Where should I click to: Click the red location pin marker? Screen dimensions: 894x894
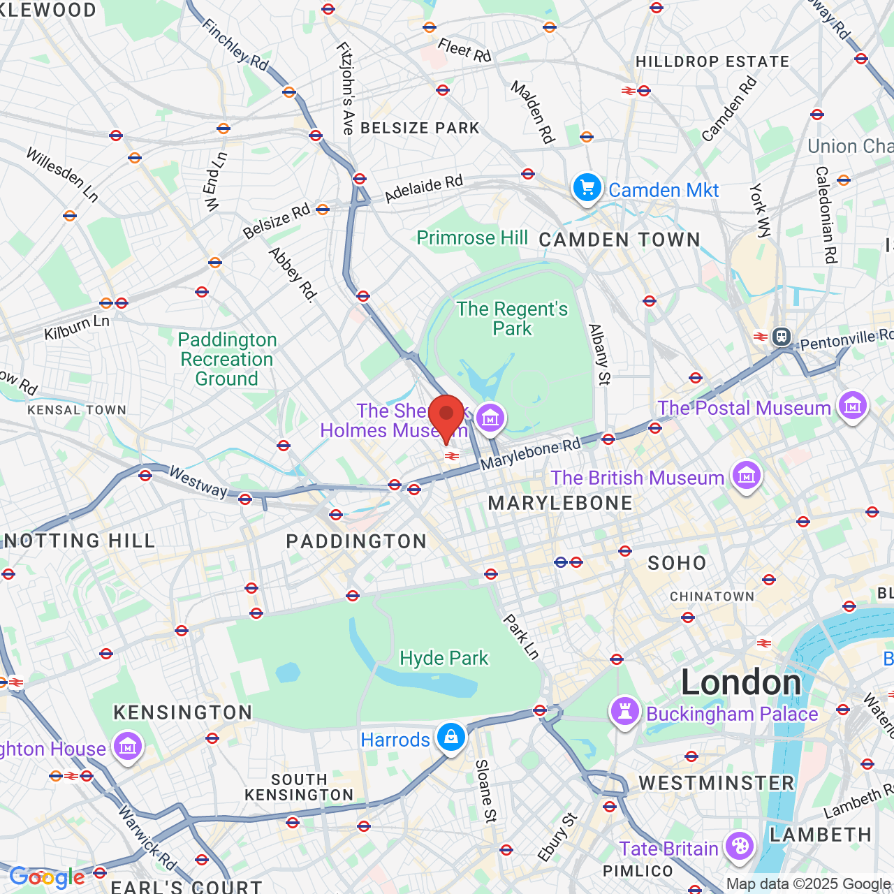click(x=446, y=416)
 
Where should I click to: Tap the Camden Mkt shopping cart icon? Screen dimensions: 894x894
click(x=587, y=189)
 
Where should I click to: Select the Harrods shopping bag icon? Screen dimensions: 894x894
click(x=451, y=738)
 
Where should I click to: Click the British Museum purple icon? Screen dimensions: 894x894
click(x=746, y=476)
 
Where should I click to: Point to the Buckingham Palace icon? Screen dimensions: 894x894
click(x=624, y=712)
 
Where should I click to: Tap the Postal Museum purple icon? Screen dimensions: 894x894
click(x=852, y=406)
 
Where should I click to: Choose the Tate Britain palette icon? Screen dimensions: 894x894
click(x=739, y=847)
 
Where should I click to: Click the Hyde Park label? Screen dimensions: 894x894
click(x=444, y=658)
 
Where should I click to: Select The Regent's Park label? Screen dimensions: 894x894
click(x=512, y=318)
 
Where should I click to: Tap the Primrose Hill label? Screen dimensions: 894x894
click(x=472, y=238)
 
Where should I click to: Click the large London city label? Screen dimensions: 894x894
click(x=741, y=682)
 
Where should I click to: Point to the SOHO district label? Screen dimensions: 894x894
click(x=677, y=563)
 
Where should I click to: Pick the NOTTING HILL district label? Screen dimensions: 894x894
click(x=80, y=541)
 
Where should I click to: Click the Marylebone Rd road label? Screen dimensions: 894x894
click(x=531, y=454)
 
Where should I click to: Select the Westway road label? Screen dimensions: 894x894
click(x=198, y=483)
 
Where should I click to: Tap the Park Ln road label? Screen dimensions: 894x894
click(x=522, y=636)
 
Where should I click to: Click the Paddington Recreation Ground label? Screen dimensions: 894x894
click(x=227, y=359)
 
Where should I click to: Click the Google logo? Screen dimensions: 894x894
click(x=47, y=877)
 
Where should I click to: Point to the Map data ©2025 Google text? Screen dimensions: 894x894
click(x=809, y=884)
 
